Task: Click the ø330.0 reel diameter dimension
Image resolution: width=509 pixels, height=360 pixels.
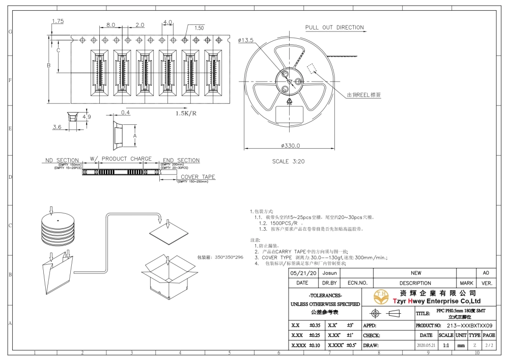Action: coord(289,146)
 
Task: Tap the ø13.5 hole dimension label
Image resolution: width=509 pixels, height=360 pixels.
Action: coord(245,40)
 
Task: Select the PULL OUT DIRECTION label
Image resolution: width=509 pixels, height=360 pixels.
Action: coord(334,27)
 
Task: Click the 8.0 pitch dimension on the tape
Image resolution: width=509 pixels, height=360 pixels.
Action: coord(110,24)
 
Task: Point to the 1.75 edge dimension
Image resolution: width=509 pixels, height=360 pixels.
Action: coord(58,21)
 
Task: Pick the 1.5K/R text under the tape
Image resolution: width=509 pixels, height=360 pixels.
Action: coord(186,113)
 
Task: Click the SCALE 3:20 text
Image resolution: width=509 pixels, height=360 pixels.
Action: coord(289,161)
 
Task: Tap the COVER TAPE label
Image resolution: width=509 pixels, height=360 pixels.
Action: coord(198,177)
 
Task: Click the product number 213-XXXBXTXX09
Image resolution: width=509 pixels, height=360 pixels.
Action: coord(469,325)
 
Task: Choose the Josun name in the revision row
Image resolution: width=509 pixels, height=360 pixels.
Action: coord(330,273)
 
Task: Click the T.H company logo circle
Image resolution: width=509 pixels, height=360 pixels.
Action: coord(380,296)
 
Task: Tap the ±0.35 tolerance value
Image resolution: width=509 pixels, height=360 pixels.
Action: coord(315,325)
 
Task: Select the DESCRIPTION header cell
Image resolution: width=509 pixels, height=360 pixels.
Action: coord(415,283)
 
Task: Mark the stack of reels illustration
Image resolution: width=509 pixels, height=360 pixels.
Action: coord(59,230)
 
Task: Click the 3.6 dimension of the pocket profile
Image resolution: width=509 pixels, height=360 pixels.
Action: coord(58,127)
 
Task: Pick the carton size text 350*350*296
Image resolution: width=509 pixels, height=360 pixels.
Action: coord(220,258)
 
